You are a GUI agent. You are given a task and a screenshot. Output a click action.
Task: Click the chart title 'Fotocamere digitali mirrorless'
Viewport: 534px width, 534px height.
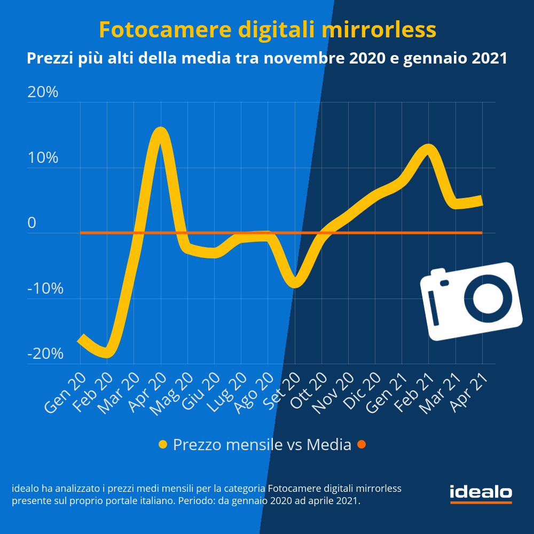[267, 30]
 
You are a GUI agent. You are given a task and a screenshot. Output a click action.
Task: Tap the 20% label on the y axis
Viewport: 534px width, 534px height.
[43, 92]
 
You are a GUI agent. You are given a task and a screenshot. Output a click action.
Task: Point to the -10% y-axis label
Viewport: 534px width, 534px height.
[45, 289]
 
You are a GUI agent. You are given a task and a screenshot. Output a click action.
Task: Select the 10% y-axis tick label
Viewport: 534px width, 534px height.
[43, 158]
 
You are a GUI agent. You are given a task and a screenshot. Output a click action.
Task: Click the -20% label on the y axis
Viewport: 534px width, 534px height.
[45, 354]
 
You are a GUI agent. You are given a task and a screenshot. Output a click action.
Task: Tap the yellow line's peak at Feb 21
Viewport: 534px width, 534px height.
[428, 148]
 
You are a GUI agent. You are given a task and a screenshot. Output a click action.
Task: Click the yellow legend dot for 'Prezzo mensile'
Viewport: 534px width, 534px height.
[163, 444]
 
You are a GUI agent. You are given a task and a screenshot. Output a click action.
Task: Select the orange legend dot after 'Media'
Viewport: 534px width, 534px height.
[362, 444]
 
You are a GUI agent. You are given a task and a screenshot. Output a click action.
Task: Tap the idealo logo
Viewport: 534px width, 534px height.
[481, 493]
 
